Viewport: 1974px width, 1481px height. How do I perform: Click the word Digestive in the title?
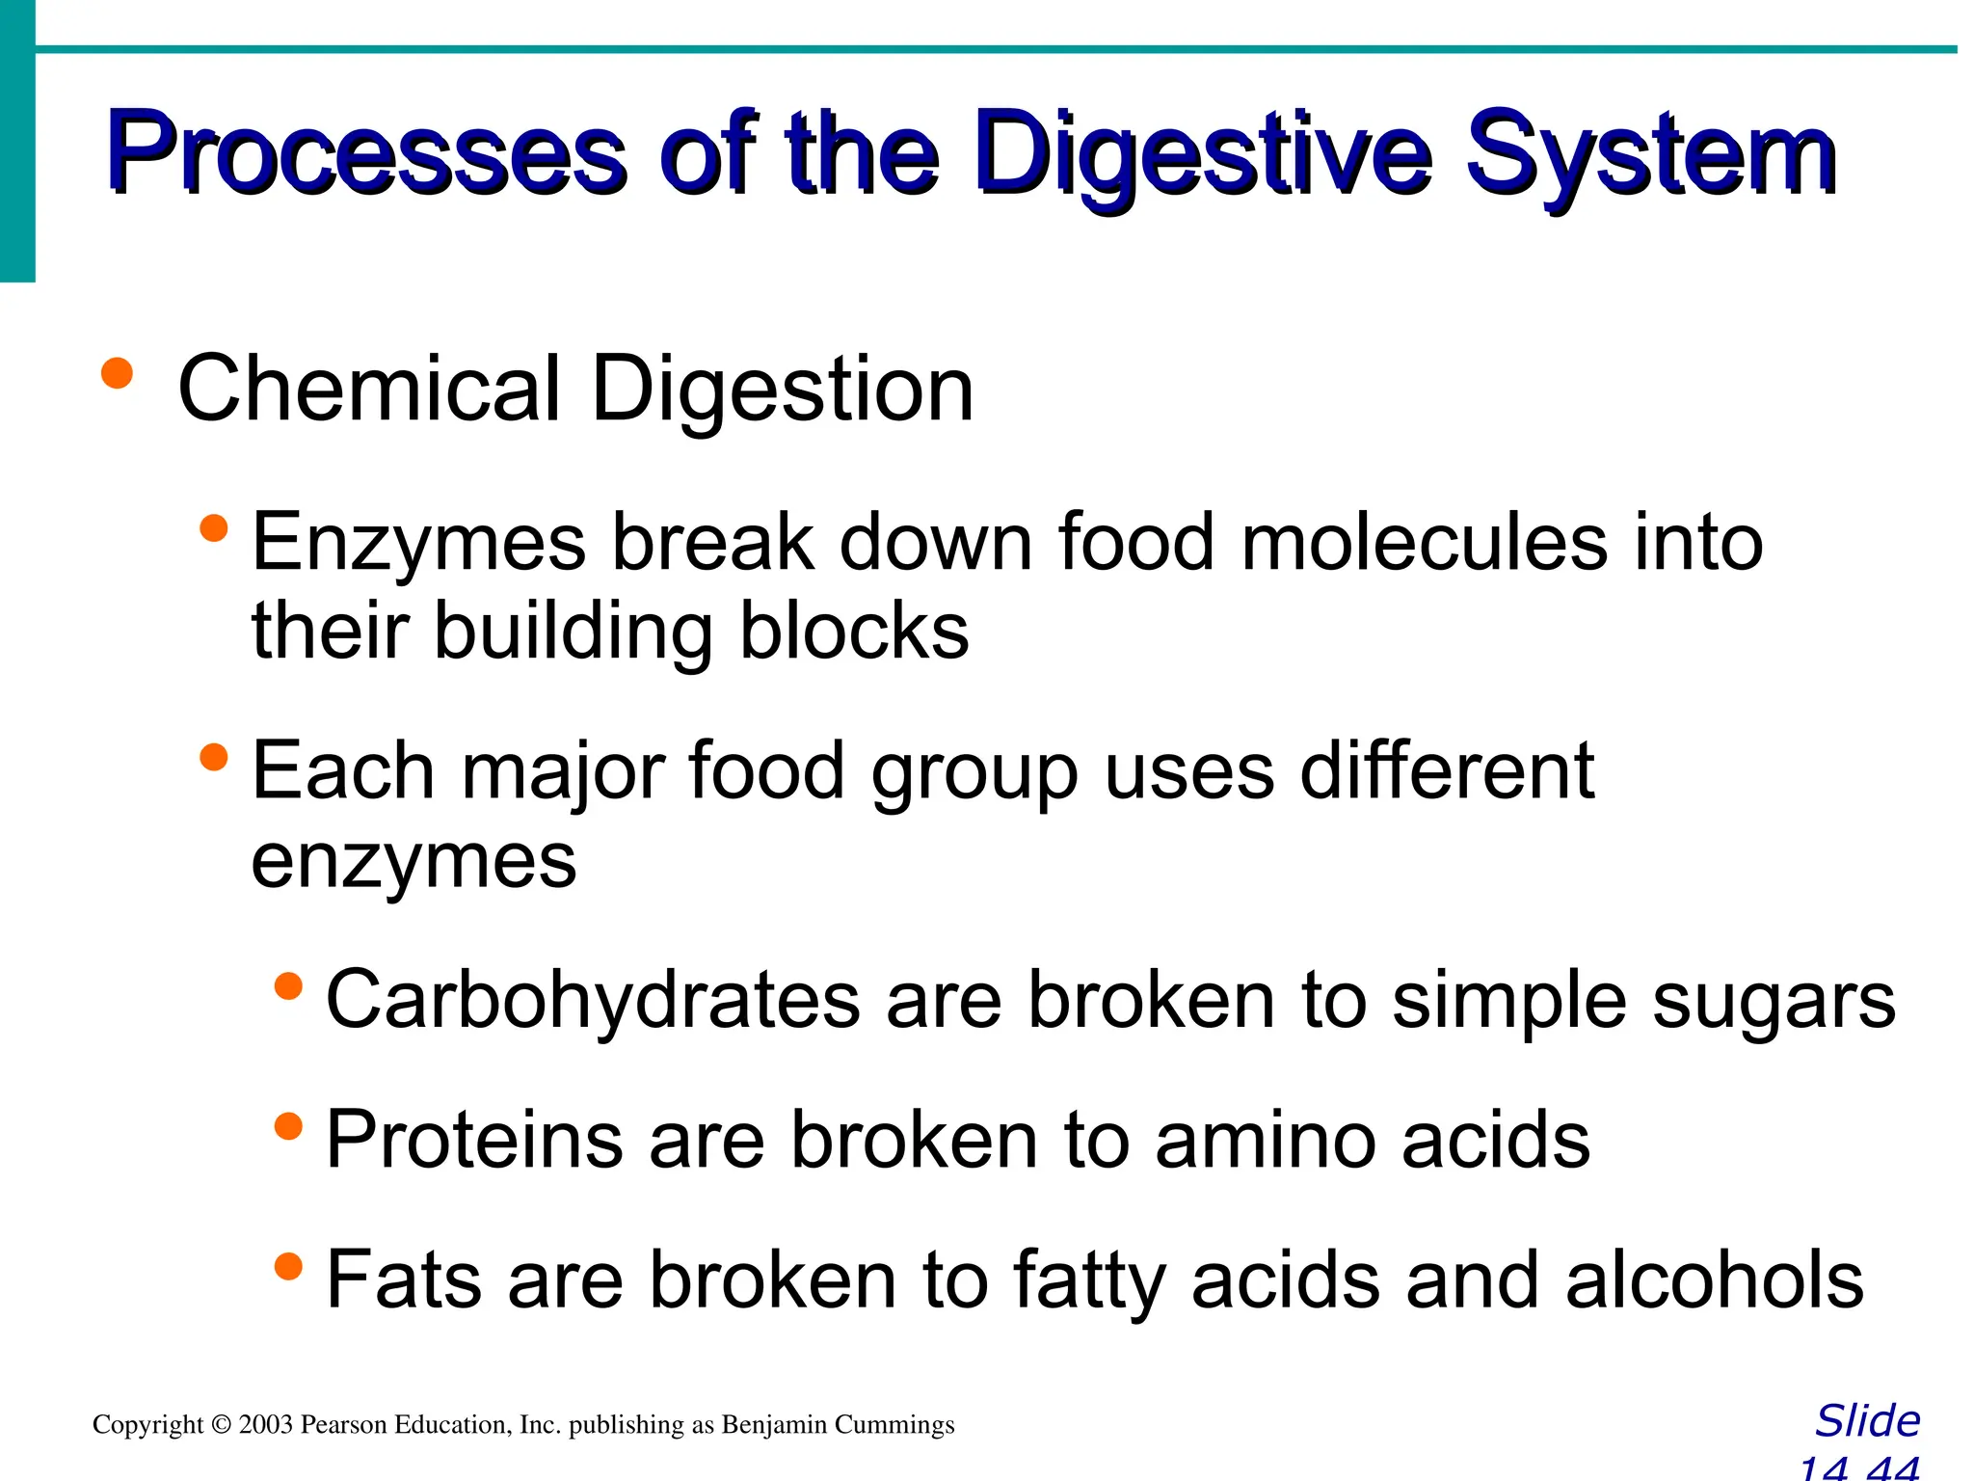click(x=1203, y=154)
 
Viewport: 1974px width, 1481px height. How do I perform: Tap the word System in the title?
click(x=1650, y=154)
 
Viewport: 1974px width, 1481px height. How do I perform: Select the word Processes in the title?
click(x=366, y=154)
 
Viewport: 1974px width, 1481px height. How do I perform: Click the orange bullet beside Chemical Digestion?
click(x=117, y=373)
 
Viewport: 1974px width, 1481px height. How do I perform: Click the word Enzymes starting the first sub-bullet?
click(x=418, y=543)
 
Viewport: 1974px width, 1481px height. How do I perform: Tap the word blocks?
click(x=854, y=632)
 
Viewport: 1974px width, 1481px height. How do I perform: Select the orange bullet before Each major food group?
click(x=213, y=757)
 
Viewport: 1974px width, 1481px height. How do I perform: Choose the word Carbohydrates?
click(x=593, y=1000)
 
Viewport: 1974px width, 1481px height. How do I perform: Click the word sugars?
click(x=1774, y=1002)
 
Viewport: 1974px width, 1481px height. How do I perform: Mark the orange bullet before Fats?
click(x=288, y=1265)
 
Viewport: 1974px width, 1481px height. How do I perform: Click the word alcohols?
click(x=1715, y=1280)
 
